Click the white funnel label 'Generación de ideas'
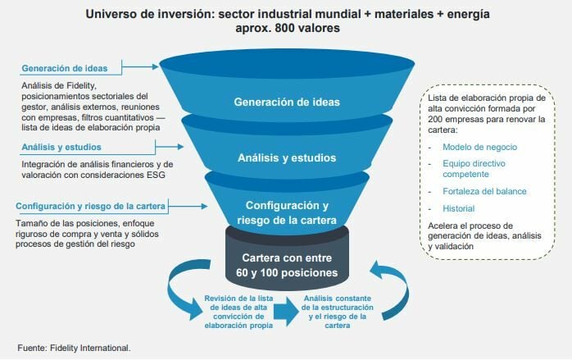point(286,103)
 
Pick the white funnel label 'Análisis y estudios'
point(286,157)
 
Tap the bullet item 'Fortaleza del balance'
point(484,191)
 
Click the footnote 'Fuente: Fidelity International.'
point(74,348)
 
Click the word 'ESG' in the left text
point(162,174)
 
